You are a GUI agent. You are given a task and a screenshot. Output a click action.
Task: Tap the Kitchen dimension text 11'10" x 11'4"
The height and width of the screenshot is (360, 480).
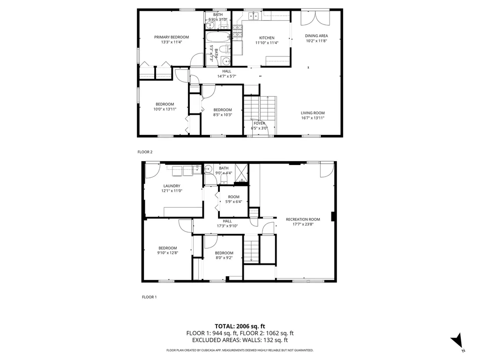coord(267,43)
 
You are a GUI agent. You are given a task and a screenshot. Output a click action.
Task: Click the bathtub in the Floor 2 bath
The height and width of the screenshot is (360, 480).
coord(218,37)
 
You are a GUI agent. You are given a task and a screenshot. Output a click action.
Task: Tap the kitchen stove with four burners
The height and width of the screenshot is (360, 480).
coord(238,31)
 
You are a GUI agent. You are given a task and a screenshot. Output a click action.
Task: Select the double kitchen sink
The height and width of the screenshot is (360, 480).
coord(254,15)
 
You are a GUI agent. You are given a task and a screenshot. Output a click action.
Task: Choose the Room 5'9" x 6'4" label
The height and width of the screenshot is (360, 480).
coord(233,199)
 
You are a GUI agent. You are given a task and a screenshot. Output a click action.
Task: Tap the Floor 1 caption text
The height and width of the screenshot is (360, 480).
coord(150,297)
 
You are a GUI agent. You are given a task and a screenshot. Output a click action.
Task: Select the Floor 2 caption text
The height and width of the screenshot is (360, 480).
coord(145,152)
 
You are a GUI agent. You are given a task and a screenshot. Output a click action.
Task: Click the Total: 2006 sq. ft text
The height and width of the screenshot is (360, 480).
coord(240,326)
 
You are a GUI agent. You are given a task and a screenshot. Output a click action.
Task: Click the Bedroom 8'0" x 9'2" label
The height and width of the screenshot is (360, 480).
coord(224,255)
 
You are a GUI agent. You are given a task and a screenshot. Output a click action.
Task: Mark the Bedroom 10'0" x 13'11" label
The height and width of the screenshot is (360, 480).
coord(165,106)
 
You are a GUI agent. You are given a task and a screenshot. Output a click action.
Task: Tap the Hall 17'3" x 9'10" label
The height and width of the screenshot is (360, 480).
coord(227,224)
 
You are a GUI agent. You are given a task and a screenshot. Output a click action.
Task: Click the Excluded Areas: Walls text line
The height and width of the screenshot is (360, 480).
coord(240,340)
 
